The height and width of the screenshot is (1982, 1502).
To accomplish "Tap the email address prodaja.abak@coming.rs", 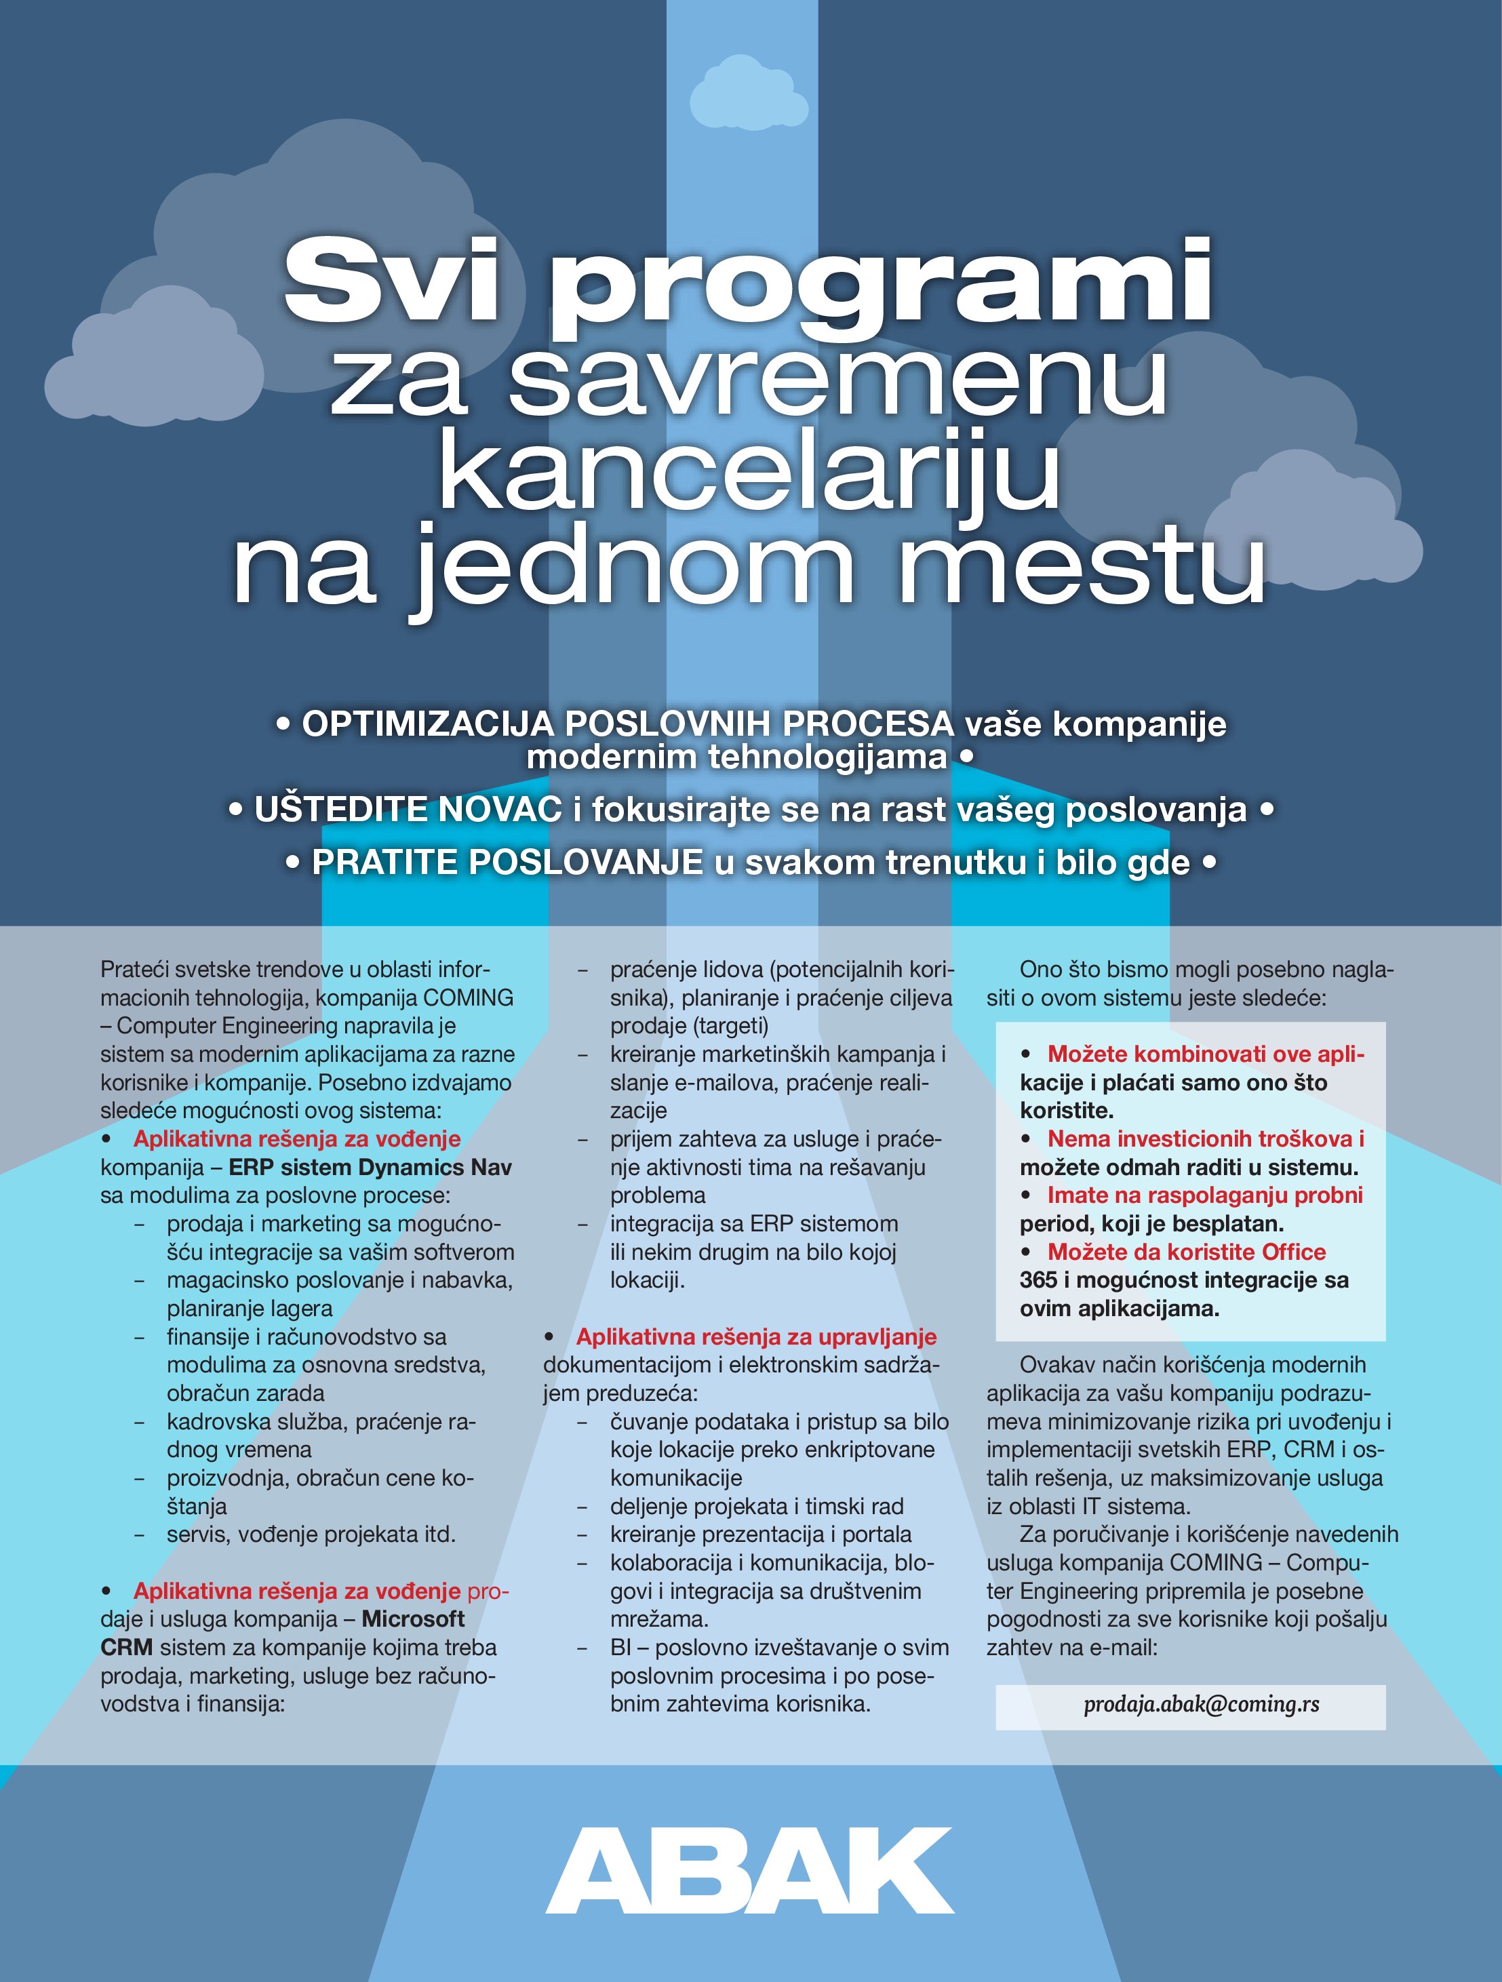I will coord(1201,1703).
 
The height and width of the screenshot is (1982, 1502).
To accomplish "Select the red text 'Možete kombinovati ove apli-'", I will coord(1206,1054).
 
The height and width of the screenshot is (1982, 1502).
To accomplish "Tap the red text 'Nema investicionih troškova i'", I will coord(1206,1139).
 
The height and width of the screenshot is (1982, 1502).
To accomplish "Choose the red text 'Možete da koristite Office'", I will coord(1187,1252).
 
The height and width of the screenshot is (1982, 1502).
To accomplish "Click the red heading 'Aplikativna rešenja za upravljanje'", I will coord(756,1337).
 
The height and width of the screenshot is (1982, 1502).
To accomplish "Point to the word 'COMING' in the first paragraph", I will coord(468,997).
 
